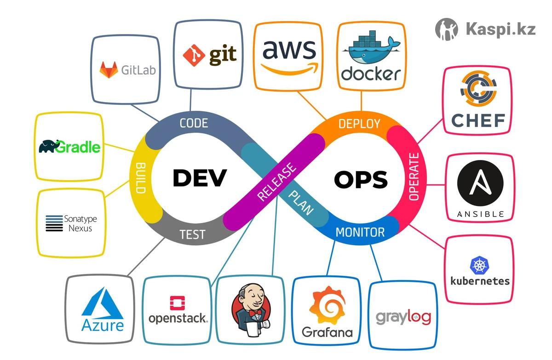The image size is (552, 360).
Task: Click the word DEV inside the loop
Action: [x=200, y=177]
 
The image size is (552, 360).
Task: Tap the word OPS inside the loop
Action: [x=361, y=179]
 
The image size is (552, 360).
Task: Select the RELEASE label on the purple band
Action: [x=276, y=182]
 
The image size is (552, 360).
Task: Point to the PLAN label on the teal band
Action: [x=301, y=202]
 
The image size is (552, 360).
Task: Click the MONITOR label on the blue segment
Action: [x=360, y=232]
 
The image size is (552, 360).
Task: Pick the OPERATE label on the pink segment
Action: [x=414, y=177]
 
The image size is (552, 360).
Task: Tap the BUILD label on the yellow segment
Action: [x=141, y=178]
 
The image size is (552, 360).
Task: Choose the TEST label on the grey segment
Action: [x=192, y=234]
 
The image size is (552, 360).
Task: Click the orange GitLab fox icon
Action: [x=109, y=70]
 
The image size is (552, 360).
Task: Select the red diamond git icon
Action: [x=194, y=56]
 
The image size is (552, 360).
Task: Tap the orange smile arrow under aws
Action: [x=289, y=69]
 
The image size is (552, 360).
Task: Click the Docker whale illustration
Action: [x=371, y=47]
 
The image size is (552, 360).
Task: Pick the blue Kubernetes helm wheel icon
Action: [x=479, y=265]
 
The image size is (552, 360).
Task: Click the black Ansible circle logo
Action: [x=480, y=183]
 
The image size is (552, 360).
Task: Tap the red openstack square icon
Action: [x=178, y=303]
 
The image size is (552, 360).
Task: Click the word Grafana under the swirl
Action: [x=327, y=332]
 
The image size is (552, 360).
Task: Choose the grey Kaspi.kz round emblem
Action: [x=447, y=29]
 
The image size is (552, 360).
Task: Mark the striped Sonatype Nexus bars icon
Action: [x=54, y=223]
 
